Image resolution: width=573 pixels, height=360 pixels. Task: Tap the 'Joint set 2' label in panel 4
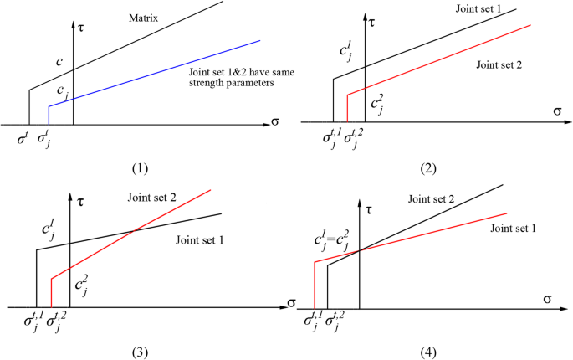pos(438,198)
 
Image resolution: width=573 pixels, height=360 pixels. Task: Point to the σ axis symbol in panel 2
pos(556,111)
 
